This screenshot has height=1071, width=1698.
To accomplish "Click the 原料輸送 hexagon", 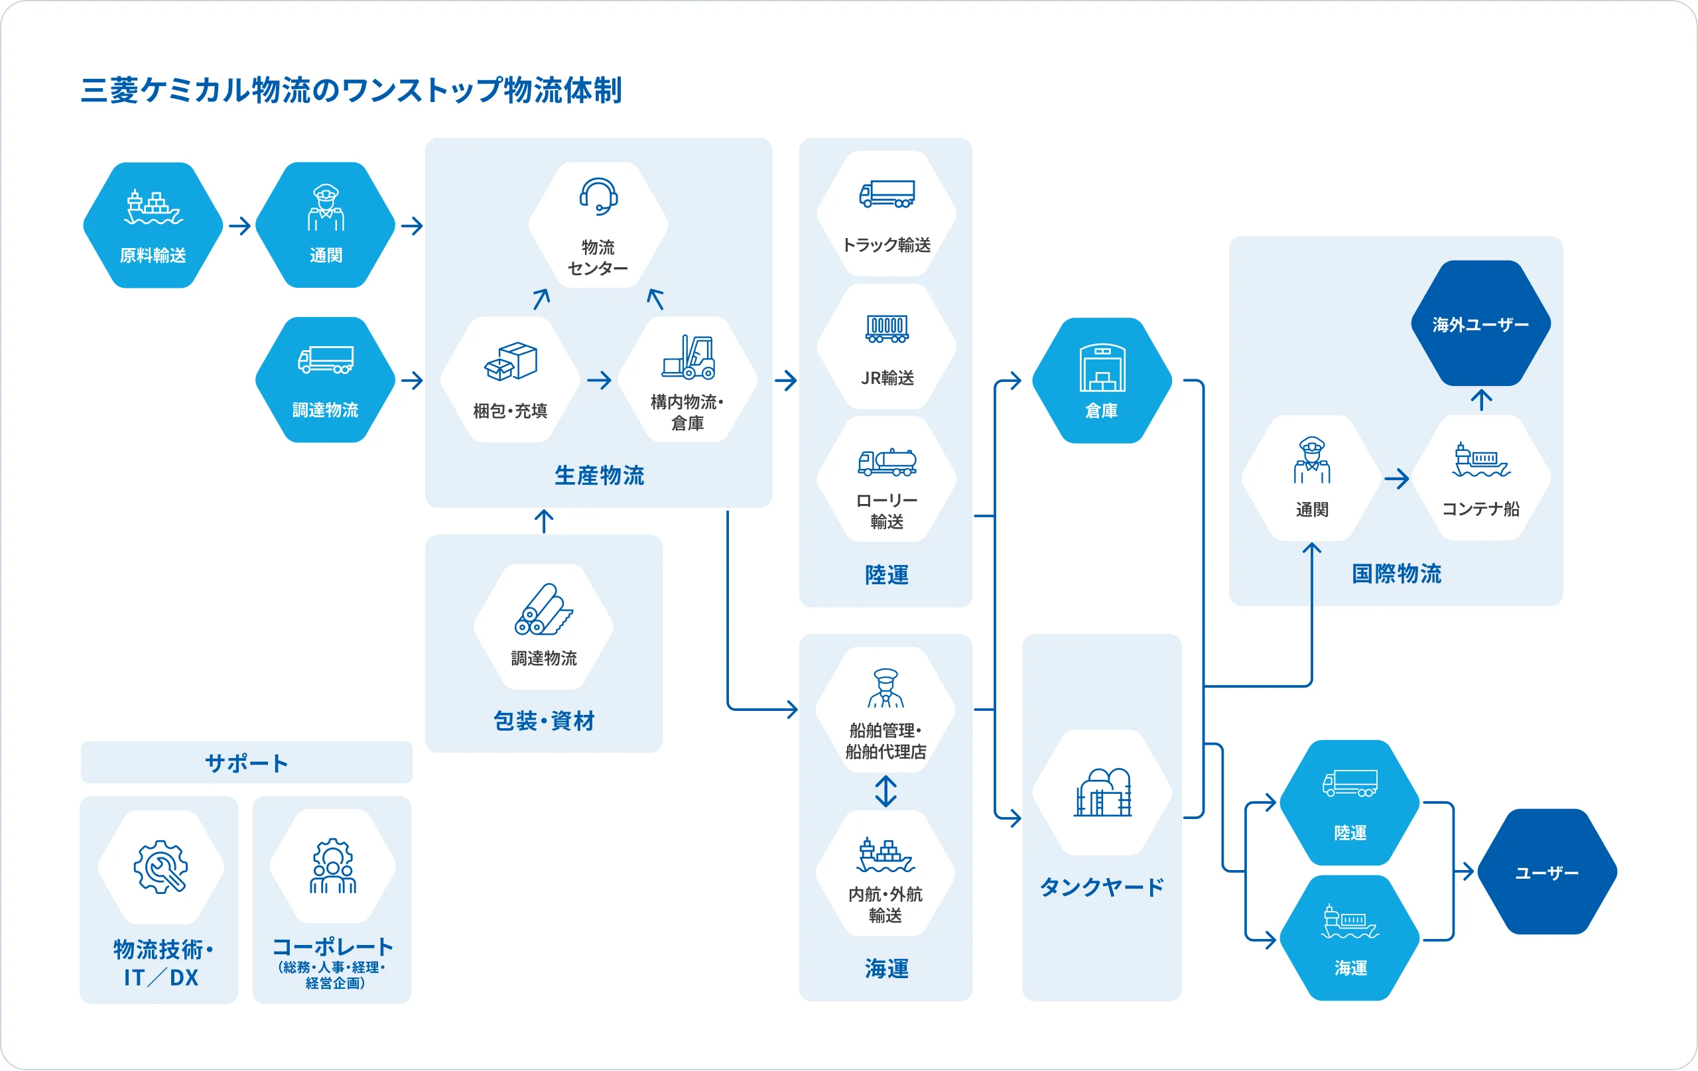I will (153, 225).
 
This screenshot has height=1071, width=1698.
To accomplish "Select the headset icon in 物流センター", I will (598, 196).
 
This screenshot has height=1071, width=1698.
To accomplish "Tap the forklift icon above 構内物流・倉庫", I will (688, 357).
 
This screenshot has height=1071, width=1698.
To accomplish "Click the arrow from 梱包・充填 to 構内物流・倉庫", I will (600, 381).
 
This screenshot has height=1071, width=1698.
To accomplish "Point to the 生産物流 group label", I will (599, 475).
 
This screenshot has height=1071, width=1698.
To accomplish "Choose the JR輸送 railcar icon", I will (886, 328).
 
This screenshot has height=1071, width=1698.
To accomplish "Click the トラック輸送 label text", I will (886, 245).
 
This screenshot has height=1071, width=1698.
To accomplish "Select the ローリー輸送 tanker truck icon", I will (886, 462).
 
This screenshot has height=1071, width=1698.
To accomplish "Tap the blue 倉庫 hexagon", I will (1102, 381).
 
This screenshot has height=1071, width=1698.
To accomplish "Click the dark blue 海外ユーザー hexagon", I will (1480, 324).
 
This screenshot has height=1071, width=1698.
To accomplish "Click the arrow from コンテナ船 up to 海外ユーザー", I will (1481, 400).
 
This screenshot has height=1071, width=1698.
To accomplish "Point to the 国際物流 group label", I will (1396, 573).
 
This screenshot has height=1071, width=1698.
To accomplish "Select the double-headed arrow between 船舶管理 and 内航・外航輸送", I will (885, 791).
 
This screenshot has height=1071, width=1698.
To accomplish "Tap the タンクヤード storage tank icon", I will (1102, 792).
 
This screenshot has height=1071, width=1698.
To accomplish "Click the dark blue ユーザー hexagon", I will (1546, 872).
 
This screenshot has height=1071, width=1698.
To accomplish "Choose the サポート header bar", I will (246, 762).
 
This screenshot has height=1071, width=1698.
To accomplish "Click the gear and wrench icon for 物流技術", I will (161, 867).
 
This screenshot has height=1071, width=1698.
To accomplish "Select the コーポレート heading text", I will (332, 947).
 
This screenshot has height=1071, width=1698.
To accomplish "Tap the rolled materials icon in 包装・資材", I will (543, 609).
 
